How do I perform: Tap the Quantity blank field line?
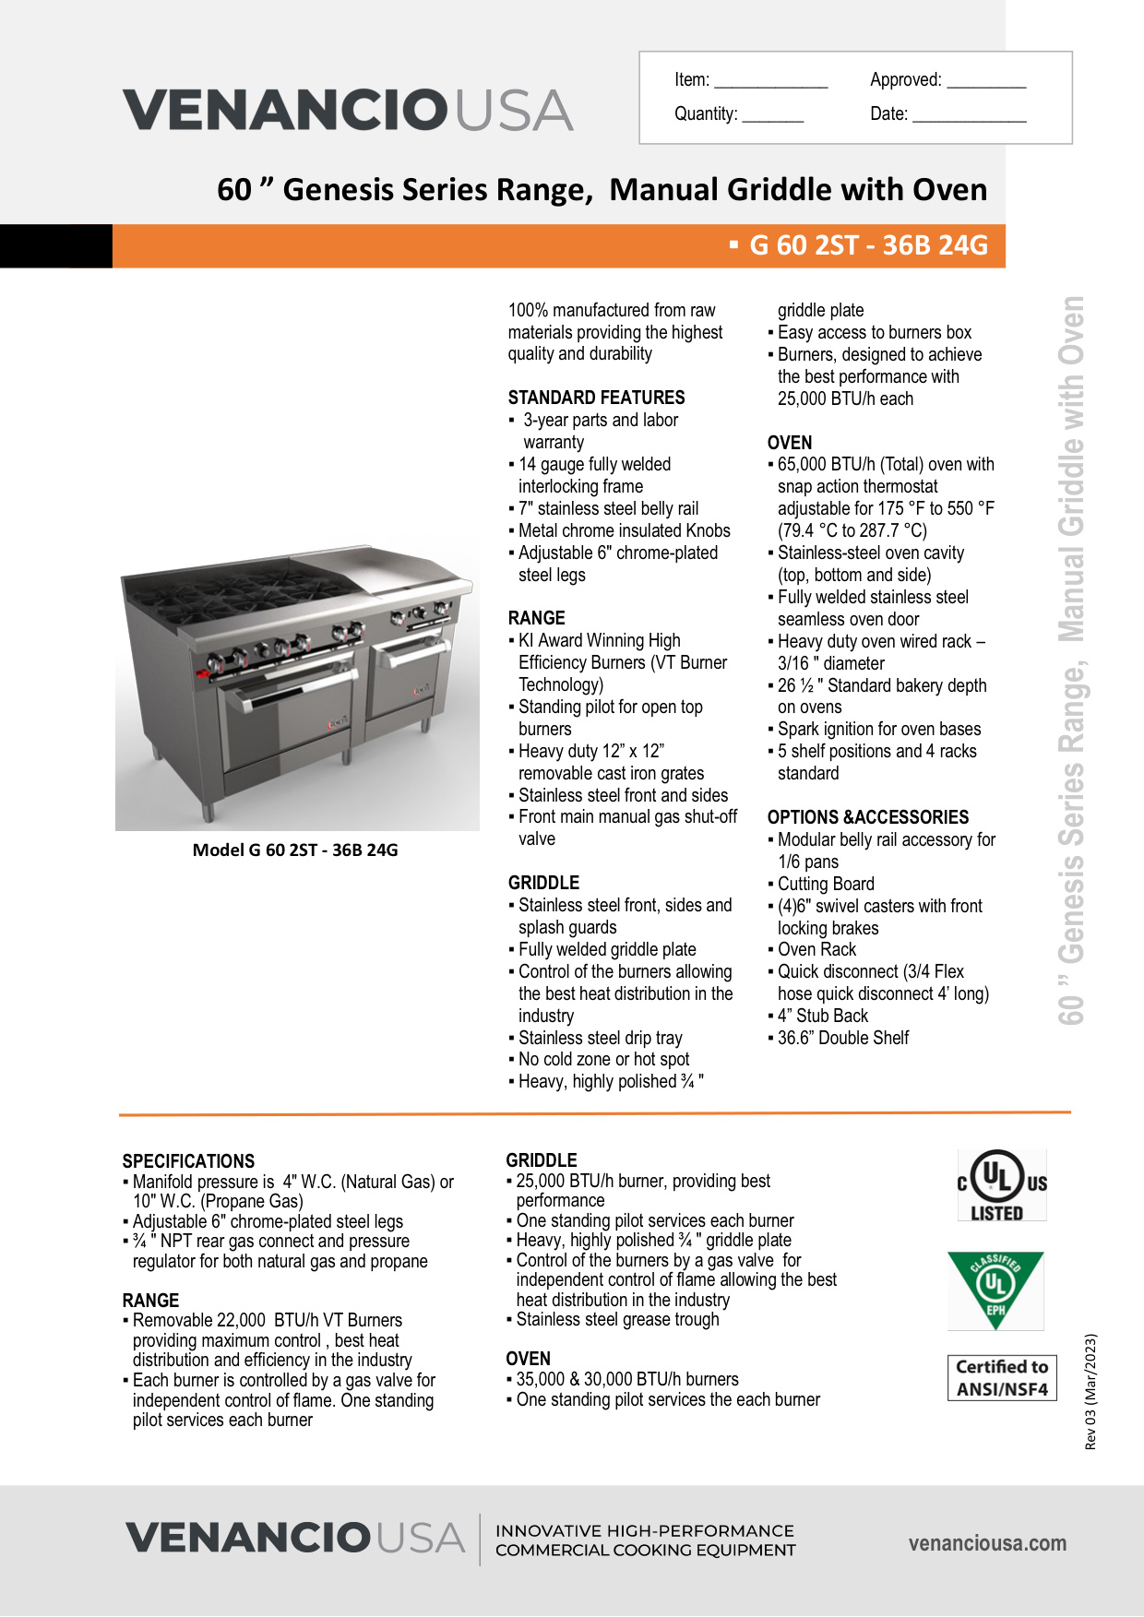pyautogui.click(x=772, y=119)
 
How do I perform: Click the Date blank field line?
pyautogui.click(x=969, y=119)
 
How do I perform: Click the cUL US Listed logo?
pyautogui.click(x=1001, y=1185)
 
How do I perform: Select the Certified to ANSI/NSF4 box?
pyautogui.click(x=1002, y=1378)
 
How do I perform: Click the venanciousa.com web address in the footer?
pyautogui.click(x=987, y=1543)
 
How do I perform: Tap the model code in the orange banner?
pyautogui.click(x=867, y=245)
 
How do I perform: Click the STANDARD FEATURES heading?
pyautogui.click(x=596, y=398)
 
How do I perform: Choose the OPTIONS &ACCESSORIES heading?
pyautogui.click(x=867, y=817)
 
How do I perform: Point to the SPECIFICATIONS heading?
pyautogui.click(x=188, y=1161)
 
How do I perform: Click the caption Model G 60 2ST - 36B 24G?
pyautogui.click(x=295, y=850)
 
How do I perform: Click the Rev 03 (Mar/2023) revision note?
pyautogui.click(x=1090, y=1391)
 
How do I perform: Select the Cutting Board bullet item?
pyautogui.click(x=826, y=884)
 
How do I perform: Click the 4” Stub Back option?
pyautogui.click(x=822, y=1016)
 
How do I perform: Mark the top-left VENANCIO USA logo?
pyautogui.click(x=348, y=110)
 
